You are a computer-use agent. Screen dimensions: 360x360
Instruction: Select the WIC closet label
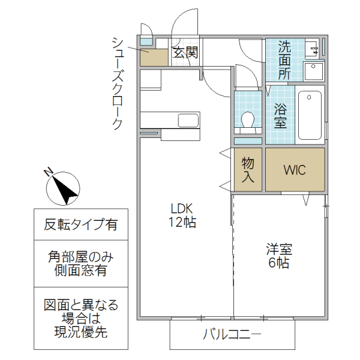pos(295,170)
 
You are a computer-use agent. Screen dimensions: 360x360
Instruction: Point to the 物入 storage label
pos(248,170)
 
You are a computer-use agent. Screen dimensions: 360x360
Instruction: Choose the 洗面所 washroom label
pos(284,60)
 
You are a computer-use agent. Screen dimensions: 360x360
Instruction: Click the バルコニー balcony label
pos(232,334)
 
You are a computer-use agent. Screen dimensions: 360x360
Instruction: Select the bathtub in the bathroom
pos(310,115)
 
